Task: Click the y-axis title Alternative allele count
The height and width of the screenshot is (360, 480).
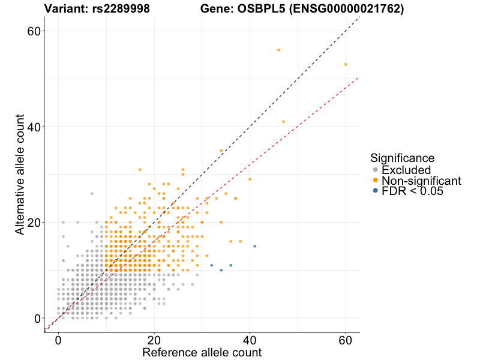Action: pos(20,174)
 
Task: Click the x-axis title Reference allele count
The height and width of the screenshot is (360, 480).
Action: pos(202,352)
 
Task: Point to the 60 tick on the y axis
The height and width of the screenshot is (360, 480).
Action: pos(34,31)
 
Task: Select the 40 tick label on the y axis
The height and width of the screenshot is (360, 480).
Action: pos(34,127)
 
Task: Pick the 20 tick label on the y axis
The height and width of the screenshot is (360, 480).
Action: pos(34,222)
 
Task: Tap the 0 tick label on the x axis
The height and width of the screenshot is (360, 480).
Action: pos(58,340)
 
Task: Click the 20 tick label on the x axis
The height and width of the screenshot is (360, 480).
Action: pos(154,340)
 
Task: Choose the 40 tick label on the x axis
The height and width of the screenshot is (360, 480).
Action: pos(250,340)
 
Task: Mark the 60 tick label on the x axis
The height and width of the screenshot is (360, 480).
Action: pos(346,340)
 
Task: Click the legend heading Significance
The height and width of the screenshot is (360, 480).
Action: pos(402,158)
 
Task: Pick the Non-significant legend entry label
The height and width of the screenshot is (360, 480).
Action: pos(421,181)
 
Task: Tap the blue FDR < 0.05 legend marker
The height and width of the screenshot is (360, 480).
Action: pos(376,191)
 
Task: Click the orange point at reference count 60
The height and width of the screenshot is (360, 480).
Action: pos(346,64)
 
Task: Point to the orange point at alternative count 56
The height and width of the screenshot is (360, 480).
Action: pos(278,50)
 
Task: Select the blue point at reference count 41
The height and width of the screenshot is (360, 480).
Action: pos(254,246)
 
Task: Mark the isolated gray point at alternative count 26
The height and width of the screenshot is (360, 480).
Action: pos(92,193)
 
